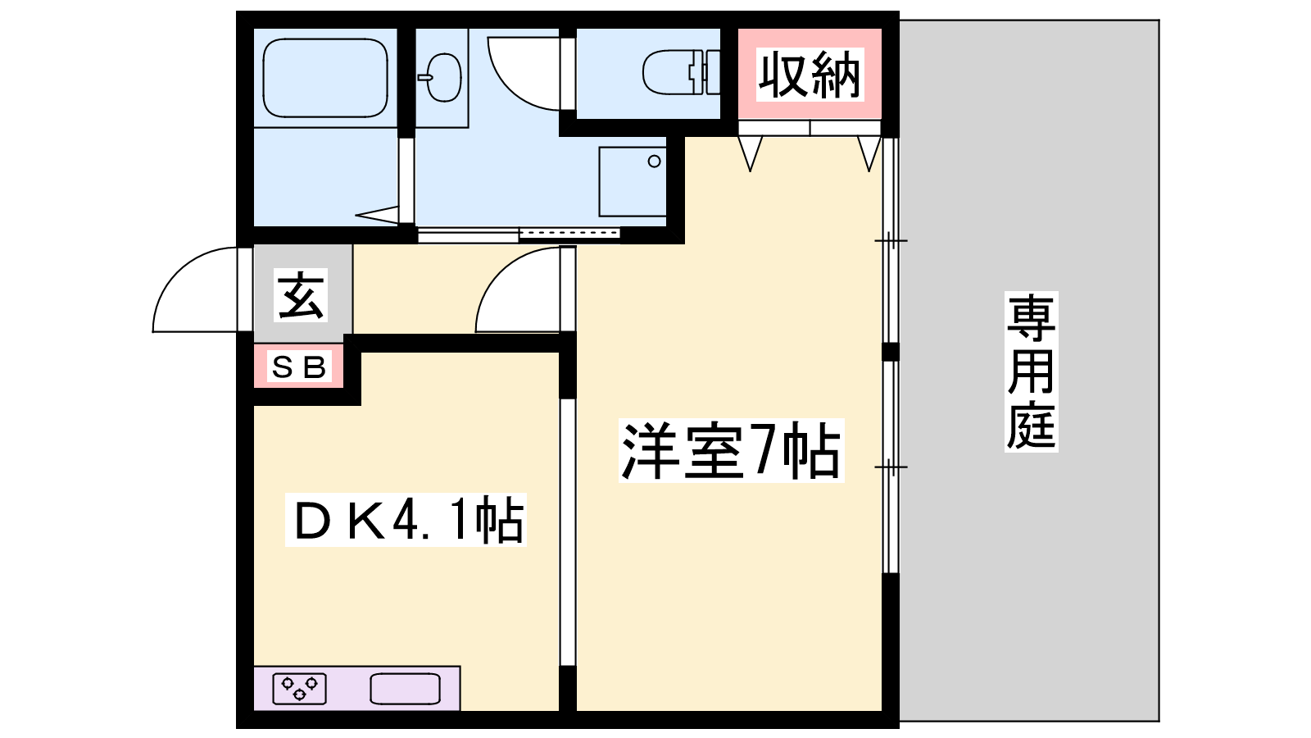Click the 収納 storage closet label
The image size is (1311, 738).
[810, 75]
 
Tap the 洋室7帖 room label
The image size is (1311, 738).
[731, 450]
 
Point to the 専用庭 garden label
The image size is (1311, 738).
[1032, 372]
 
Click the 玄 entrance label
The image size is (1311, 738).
[301, 295]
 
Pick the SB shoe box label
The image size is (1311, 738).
[298, 367]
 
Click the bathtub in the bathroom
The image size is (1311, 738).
[325, 78]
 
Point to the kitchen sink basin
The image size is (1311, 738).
[405, 688]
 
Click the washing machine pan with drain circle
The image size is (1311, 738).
[633, 181]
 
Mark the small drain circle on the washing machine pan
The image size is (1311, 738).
[655, 161]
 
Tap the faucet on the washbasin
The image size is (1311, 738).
[425, 77]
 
